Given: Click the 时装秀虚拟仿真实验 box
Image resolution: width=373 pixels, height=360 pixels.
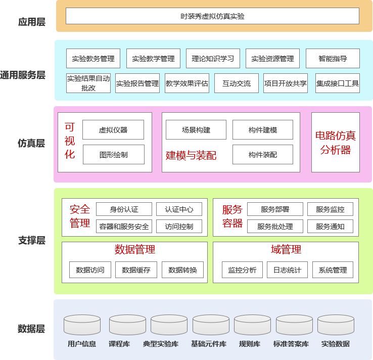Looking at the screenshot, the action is point(212,16).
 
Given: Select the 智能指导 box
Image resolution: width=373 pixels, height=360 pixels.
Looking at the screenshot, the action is point(333,59).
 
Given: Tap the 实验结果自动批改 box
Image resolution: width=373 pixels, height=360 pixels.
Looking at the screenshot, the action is point(88,83).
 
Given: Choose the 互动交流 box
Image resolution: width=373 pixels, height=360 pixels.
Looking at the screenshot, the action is point(237,83).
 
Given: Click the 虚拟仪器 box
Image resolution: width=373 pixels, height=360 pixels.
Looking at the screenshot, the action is point(113,129).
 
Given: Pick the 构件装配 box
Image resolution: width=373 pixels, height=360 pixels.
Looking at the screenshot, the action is point(263,154).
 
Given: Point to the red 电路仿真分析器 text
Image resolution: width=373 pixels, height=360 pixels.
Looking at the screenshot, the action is point(336,143).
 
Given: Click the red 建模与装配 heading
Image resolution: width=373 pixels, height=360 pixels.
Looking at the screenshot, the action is point(191,155).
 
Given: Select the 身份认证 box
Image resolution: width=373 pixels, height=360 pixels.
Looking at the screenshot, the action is point(124,209).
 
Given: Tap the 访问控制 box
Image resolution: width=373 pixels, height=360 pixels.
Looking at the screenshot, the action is point(179,227).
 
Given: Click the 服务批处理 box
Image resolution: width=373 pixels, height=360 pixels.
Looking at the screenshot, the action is point(275,227).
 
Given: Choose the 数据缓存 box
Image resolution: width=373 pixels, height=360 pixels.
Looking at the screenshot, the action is point(136,270).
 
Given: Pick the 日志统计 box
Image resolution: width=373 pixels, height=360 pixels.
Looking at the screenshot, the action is point(287,270).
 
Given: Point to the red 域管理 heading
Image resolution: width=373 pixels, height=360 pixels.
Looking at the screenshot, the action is point(286,249).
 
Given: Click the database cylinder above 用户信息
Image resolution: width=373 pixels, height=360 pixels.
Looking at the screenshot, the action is point(82,325).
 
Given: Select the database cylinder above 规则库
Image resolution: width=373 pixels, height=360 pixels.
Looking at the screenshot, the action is point(252,325).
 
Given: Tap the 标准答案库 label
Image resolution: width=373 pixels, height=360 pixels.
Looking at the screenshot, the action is point(291,344).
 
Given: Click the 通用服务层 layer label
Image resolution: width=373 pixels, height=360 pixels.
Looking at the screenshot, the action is point(23,75).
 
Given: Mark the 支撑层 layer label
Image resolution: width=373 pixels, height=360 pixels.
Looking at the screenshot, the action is point(32,240).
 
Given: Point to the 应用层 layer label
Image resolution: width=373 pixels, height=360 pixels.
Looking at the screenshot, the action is point(32,22).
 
